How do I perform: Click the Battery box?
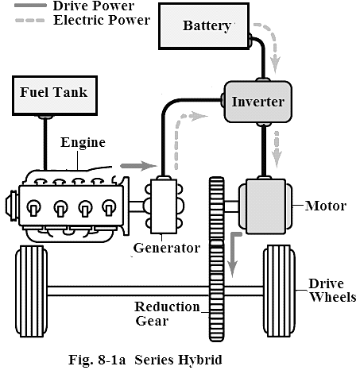point(203,26)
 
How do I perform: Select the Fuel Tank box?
point(55,95)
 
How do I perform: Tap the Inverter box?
point(258,102)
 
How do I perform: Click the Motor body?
point(265,206)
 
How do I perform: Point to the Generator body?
point(164,206)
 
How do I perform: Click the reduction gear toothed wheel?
point(217,259)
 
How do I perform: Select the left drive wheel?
point(32,291)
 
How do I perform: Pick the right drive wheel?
point(280,291)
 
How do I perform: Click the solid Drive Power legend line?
point(30,6)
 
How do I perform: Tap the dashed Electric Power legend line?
point(30,21)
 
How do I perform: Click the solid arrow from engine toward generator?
point(139,166)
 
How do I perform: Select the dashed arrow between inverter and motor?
point(277,149)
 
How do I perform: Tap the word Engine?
point(83,143)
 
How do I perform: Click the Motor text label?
point(326,206)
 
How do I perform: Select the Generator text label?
point(167,248)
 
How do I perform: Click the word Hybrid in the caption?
point(200,360)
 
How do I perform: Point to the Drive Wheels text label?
point(333,291)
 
